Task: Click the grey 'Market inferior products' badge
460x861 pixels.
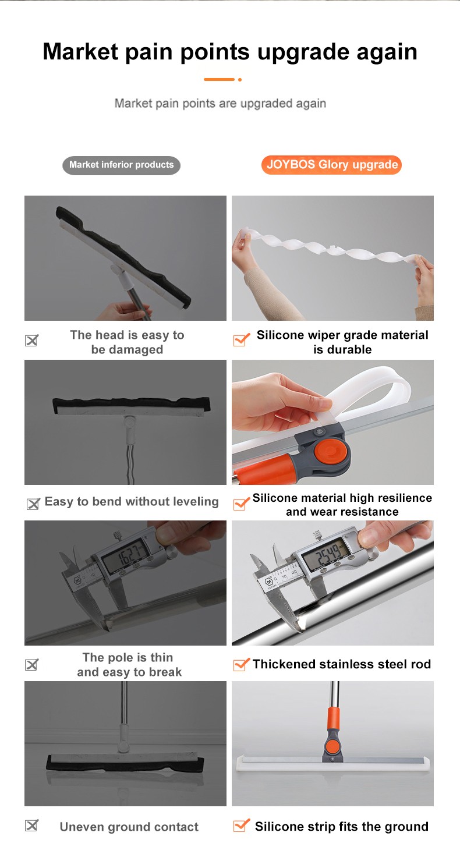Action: click(x=121, y=165)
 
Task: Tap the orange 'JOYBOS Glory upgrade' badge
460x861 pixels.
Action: click(x=331, y=165)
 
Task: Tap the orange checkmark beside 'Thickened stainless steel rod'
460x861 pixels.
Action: click(x=242, y=664)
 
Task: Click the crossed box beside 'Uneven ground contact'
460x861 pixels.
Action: click(x=31, y=825)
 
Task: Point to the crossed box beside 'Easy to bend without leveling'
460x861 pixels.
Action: click(x=33, y=504)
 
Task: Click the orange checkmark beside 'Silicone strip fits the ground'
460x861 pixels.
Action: click(x=242, y=825)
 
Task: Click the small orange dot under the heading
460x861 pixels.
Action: click(x=240, y=80)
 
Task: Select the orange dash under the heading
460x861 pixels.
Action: click(x=219, y=80)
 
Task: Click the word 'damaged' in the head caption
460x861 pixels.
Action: click(x=136, y=349)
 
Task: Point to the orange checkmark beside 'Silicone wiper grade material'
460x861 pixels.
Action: click(x=242, y=339)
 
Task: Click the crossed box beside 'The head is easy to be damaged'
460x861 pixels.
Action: click(x=31, y=341)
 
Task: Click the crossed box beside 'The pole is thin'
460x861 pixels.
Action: click(x=31, y=665)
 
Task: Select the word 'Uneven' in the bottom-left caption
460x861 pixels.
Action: click(x=82, y=827)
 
